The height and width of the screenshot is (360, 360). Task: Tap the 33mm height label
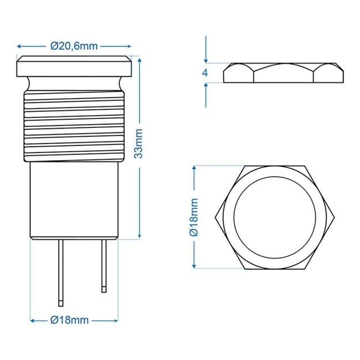pyautogui.click(x=140, y=143)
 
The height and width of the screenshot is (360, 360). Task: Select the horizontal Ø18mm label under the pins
pyautogui.click(x=69, y=320)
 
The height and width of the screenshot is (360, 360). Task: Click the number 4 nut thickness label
pyautogui.click(x=205, y=73)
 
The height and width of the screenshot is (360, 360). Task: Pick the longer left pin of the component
pyautogui.click(x=61, y=271)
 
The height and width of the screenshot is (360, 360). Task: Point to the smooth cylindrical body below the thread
pyautogui.click(x=74, y=199)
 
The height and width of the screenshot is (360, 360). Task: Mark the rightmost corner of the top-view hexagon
pyautogui.click(x=336, y=217)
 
